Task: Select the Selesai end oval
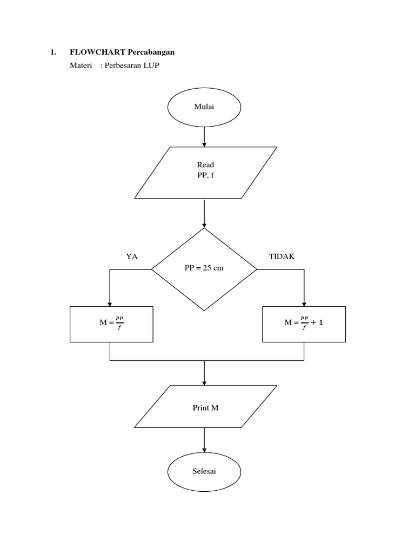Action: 204,471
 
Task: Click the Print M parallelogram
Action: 205,407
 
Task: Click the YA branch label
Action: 132,257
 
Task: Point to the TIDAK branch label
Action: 282,257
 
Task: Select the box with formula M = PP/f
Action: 112,324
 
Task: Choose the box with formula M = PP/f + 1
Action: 304,324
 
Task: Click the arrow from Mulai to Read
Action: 204,136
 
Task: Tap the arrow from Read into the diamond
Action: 204,213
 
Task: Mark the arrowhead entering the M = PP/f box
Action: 110,303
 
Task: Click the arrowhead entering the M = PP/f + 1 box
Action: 304,303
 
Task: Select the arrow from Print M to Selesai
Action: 204,440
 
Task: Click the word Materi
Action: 80,65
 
